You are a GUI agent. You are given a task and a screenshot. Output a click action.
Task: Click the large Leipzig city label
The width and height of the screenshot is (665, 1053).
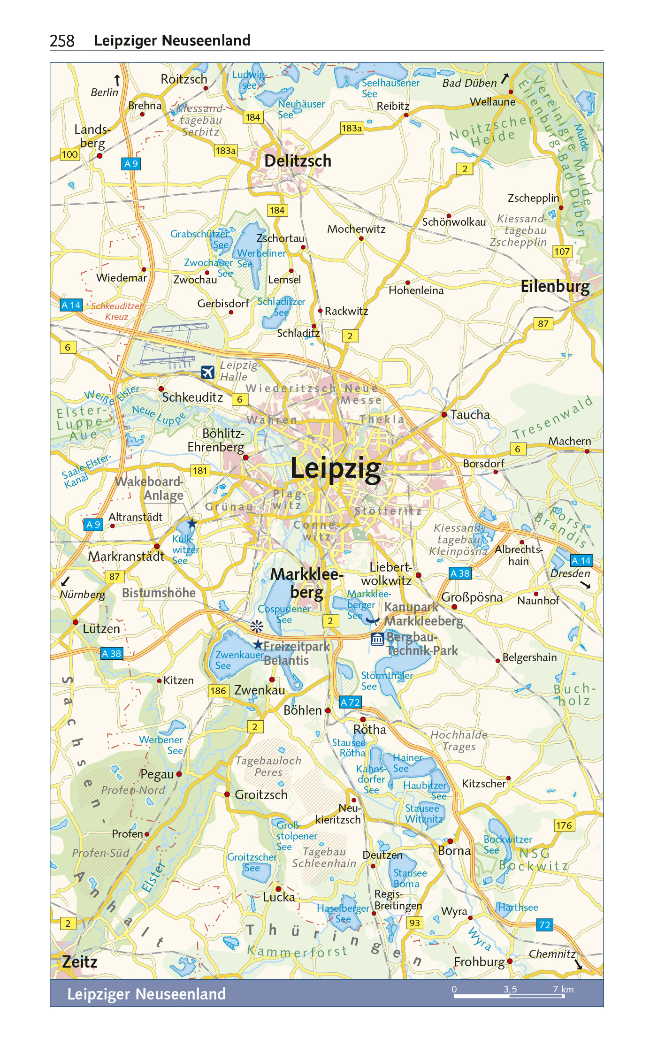pos(336,469)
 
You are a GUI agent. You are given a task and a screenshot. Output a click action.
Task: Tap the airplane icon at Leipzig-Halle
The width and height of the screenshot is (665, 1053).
pos(207,372)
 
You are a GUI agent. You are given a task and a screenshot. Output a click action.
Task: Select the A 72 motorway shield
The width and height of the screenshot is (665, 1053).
pos(350,702)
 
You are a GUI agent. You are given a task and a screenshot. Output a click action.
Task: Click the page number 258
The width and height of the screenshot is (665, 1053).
pos(62,41)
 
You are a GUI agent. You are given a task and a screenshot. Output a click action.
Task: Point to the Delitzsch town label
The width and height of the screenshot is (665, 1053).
pos(298,161)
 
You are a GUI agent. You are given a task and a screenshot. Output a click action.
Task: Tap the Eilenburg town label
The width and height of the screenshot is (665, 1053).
pos(555,286)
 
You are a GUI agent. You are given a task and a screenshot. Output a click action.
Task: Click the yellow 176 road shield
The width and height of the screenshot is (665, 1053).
pos(564,825)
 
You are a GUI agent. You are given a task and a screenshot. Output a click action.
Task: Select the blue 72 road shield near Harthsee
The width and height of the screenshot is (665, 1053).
pos(544,924)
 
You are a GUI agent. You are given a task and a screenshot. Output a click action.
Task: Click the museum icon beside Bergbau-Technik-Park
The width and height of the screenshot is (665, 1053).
pos(377,639)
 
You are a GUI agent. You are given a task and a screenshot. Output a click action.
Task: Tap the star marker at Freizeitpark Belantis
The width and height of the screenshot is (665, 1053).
pos(258,644)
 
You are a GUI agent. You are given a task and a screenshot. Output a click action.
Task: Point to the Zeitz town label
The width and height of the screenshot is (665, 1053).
pos(79,961)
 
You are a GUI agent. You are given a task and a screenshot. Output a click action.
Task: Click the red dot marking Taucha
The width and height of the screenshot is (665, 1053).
pos(444,415)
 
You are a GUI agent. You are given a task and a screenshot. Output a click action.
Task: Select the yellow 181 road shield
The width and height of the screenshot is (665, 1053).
pos(200,471)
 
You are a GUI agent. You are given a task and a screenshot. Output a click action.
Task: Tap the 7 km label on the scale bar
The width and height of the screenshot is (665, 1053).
pos(563,989)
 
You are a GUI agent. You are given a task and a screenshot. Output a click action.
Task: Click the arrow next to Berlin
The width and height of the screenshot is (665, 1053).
pos(117,80)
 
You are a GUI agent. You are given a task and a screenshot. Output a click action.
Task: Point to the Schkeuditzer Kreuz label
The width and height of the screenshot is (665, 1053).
pos(117,311)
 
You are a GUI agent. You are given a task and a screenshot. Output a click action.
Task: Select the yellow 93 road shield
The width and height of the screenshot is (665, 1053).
pos(414,923)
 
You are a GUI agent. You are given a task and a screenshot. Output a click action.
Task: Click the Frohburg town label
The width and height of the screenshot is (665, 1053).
pos(479,961)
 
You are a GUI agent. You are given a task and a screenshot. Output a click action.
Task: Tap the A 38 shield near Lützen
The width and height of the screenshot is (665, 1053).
pos(112,653)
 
